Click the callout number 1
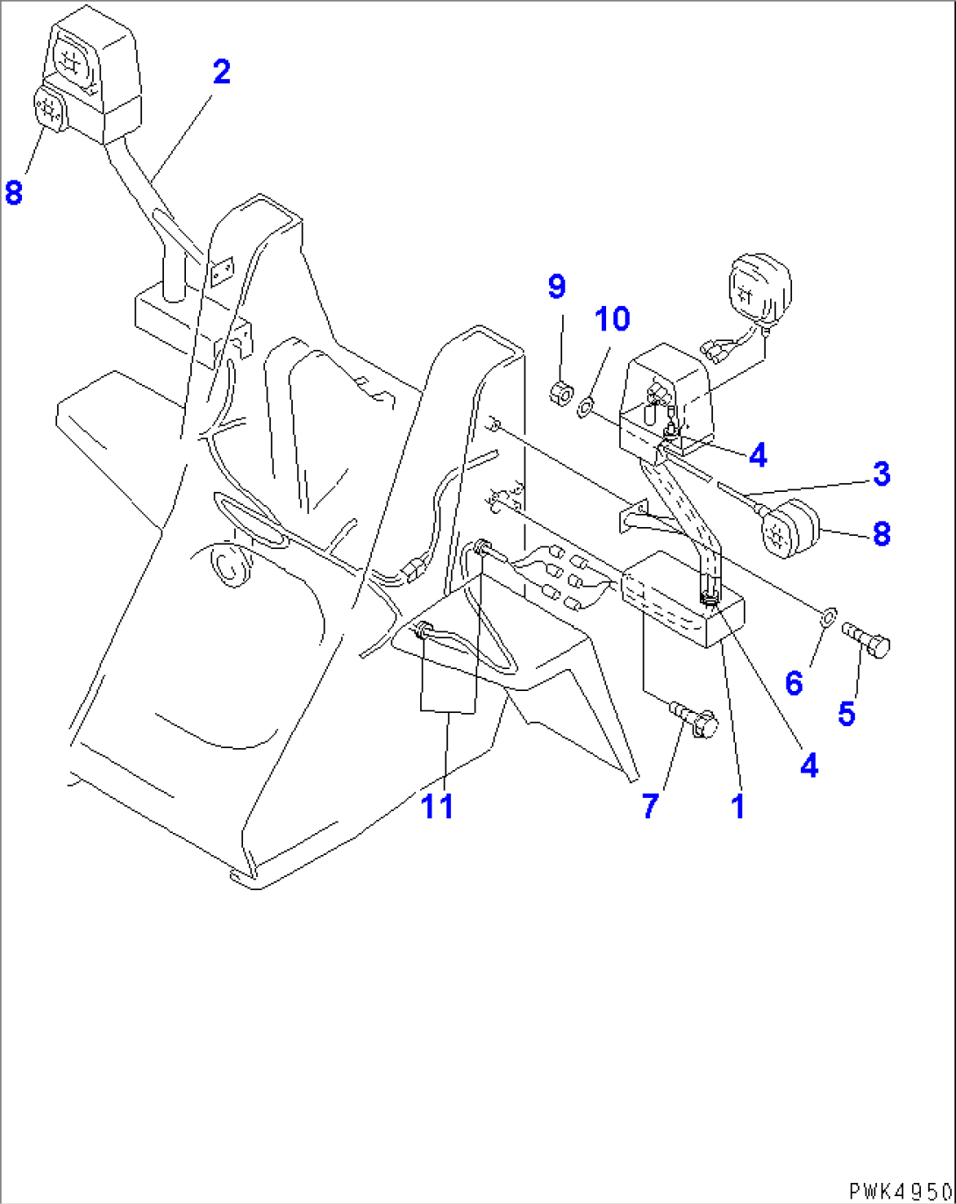point(738,805)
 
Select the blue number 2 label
point(221,72)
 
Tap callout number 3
point(881,474)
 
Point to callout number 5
point(845,713)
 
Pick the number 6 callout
point(794,682)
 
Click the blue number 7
point(650,805)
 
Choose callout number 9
point(557,286)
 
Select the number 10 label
point(612,319)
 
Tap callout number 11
point(438,805)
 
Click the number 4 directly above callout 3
point(758,454)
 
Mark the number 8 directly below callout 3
point(881,533)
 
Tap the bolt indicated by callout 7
point(696,718)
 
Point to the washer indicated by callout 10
point(585,406)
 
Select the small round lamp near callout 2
point(49,112)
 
